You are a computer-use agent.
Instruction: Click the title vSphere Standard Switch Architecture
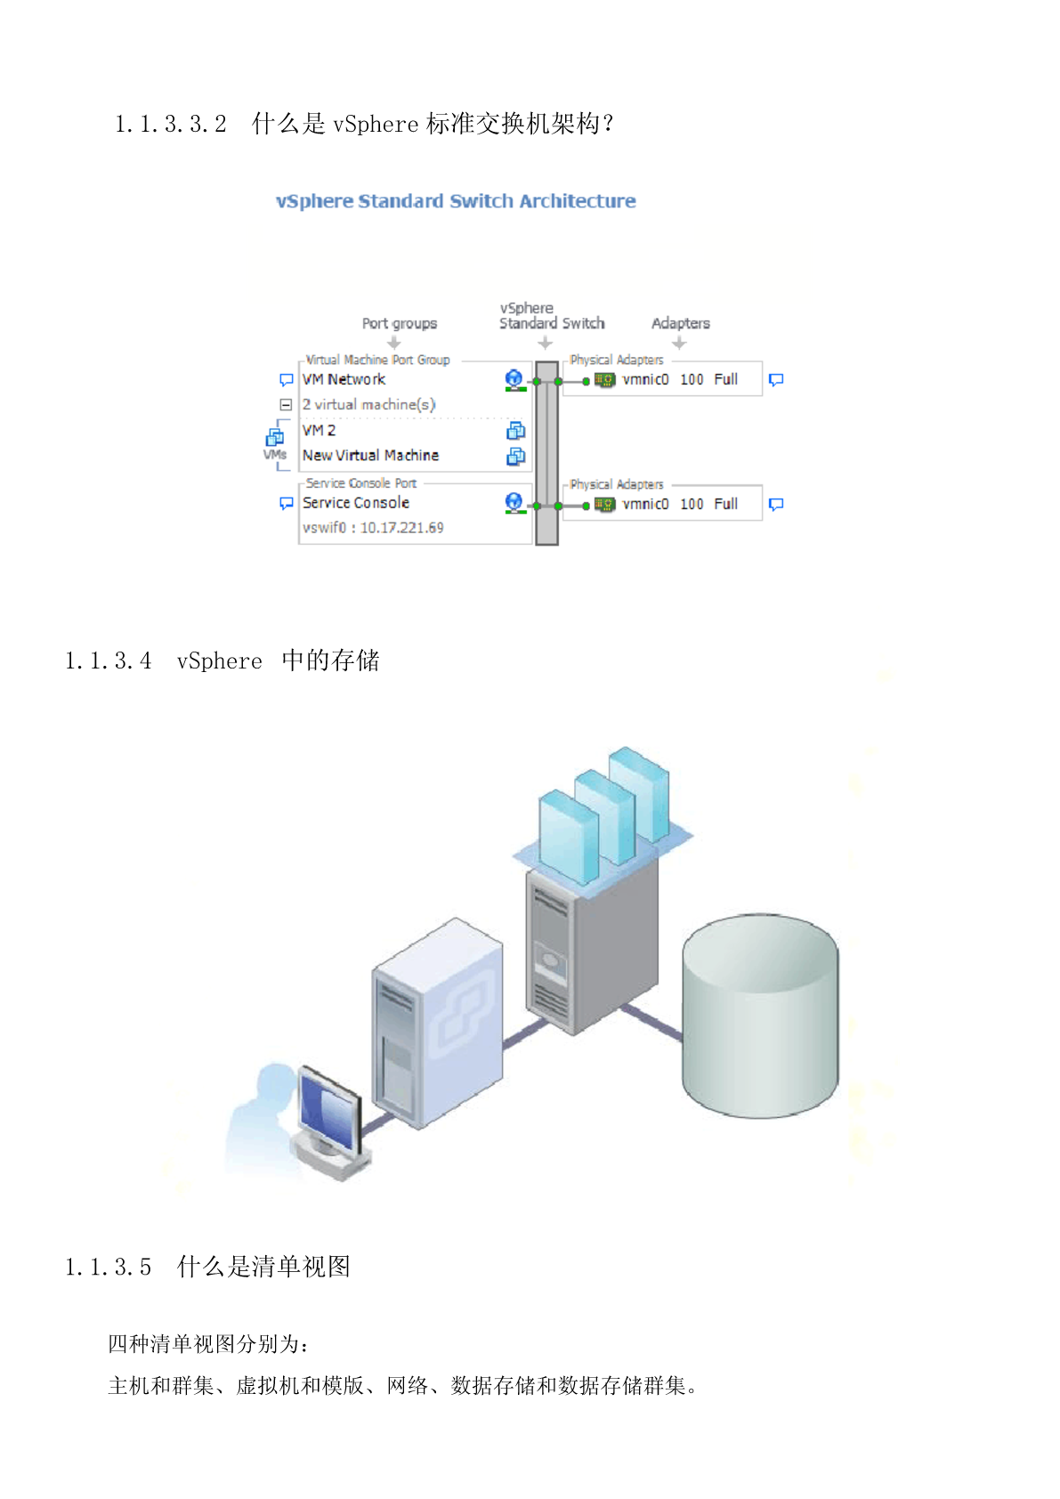tap(456, 201)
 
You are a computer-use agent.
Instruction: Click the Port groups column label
tap(399, 323)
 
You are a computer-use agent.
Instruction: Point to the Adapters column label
tap(680, 323)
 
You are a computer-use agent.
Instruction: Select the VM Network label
tap(344, 379)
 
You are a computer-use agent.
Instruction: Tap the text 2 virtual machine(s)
tap(368, 404)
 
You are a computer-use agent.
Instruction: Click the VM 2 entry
tap(319, 431)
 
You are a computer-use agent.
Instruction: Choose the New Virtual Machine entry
tap(370, 455)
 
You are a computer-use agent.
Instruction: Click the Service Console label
tap(355, 503)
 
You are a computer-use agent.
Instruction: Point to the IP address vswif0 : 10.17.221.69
tap(373, 528)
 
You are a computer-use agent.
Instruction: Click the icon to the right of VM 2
tap(515, 431)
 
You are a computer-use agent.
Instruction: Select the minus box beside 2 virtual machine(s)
tap(286, 404)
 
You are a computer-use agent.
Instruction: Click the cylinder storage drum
tap(759, 1015)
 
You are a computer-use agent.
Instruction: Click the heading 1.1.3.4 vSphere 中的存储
tap(223, 660)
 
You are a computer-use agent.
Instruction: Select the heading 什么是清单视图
tap(263, 1267)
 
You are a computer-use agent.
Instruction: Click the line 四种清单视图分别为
tap(208, 1344)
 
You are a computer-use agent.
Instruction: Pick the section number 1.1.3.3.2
tap(171, 124)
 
